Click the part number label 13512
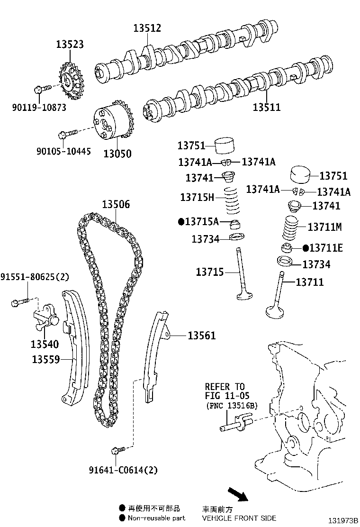(x=147, y=28)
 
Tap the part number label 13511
(x=266, y=107)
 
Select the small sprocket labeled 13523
(x=71, y=83)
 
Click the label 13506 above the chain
(x=116, y=205)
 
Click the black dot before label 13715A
(x=180, y=221)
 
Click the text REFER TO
(x=225, y=387)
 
